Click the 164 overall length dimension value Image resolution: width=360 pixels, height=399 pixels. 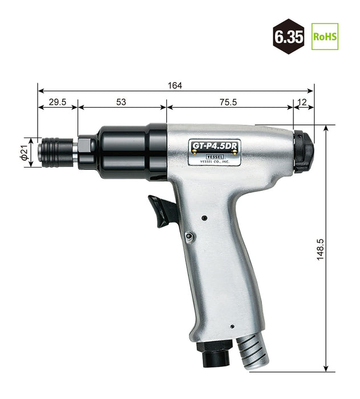point(175,85)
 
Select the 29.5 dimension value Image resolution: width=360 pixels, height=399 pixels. point(58,102)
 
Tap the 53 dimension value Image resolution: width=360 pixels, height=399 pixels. point(121,102)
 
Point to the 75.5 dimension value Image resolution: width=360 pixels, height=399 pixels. point(228,102)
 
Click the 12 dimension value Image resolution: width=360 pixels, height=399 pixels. point(302,102)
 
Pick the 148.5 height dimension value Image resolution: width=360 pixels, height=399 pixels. point(320,250)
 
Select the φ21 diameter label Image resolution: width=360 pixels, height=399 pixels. point(24,153)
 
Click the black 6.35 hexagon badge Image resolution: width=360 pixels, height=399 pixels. point(289,36)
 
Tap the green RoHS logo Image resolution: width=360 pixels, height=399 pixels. point(325,36)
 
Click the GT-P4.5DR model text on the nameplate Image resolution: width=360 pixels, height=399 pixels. point(215,146)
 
